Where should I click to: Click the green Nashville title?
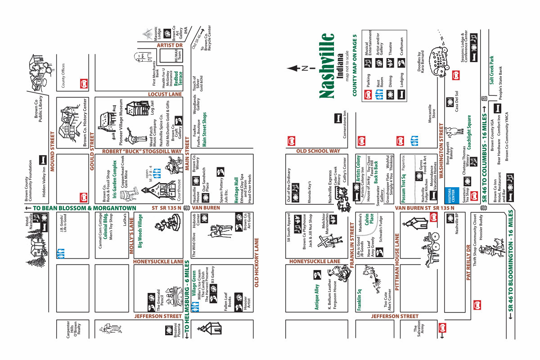(x=327, y=66)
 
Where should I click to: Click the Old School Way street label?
(x=318, y=151)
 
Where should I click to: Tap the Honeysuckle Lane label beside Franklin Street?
(x=315, y=261)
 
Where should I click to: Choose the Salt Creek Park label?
(x=492, y=70)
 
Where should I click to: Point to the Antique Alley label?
(x=317, y=297)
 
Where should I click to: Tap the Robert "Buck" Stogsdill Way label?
(x=142, y=151)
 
